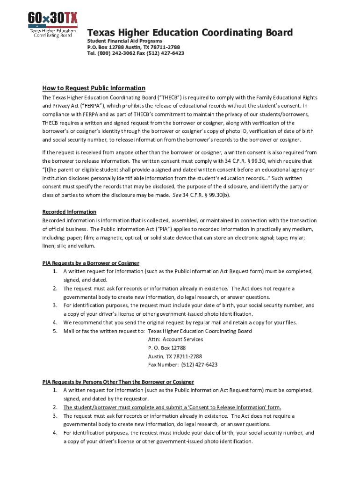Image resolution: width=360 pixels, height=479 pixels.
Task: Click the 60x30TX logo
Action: point(52,23)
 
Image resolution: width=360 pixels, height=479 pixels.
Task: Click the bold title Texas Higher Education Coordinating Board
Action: point(190,33)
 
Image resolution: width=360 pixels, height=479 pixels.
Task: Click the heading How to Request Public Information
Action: point(94,88)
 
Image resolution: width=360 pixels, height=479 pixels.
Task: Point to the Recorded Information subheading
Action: point(69,212)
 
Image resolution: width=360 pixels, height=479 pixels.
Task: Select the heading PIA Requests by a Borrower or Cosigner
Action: point(91,263)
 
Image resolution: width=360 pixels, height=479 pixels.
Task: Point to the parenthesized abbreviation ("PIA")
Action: point(164,229)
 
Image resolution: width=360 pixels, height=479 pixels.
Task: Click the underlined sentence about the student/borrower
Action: point(172,407)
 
